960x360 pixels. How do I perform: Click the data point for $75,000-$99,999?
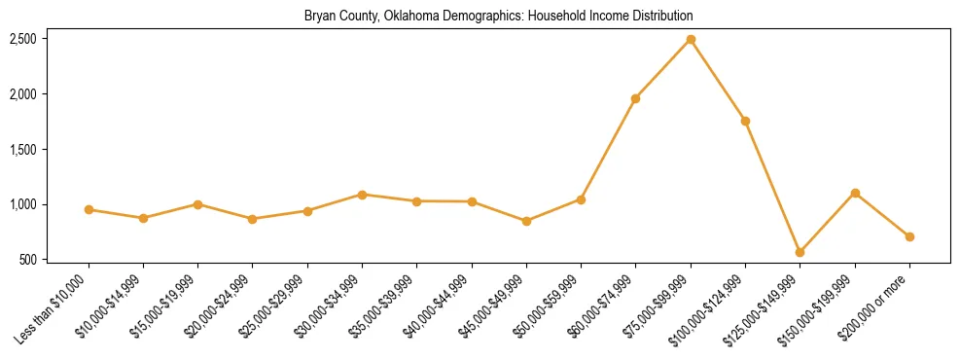[x=691, y=39]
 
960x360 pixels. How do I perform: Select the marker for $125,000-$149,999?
[x=800, y=252]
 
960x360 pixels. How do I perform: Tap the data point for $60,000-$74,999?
[x=635, y=98]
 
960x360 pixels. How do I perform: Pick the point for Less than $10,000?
[x=89, y=209]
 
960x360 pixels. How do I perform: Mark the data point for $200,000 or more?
[x=909, y=236]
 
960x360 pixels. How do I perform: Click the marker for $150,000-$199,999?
[x=855, y=193]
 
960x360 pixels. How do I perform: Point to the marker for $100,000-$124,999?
[x=745, y=121]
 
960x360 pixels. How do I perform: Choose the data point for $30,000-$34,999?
[x=362, y=195]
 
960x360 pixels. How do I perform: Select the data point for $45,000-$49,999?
[x=526, y=221]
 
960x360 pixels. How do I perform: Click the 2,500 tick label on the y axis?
[x=23, y=39]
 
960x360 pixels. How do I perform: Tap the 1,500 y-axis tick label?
[x=23, y=150]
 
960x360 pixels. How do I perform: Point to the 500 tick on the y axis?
[x=28, y=260]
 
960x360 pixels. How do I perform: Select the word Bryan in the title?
[x=319, y=17]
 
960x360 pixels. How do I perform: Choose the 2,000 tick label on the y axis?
[x=23, y=94]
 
